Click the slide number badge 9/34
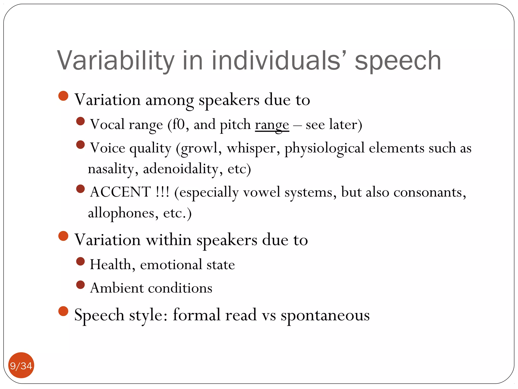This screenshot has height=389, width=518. click(x=21, y=365)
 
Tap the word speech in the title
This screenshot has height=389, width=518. click(x=398, y=61)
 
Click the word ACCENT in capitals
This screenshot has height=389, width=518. click(x=120, y=192)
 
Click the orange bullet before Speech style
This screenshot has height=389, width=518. click(x=63, y=311)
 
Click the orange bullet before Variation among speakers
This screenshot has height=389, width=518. click(x=63, y=96)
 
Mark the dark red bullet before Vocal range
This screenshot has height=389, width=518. click(x=80, y=121)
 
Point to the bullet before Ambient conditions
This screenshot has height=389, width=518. click(x=80, y=285)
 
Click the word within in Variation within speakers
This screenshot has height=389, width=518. click(x=169, y=240)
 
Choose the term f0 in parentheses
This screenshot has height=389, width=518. click(x=179, y=125)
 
